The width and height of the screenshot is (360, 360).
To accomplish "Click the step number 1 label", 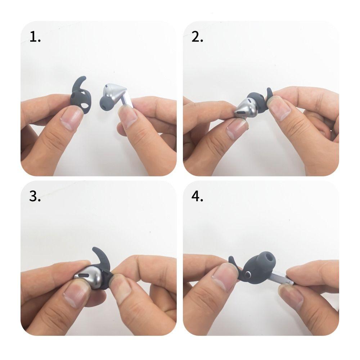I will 35,37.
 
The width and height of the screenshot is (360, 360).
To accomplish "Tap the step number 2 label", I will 197,37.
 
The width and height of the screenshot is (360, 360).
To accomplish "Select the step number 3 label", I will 35,197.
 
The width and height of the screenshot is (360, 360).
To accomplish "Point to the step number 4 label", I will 198,197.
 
